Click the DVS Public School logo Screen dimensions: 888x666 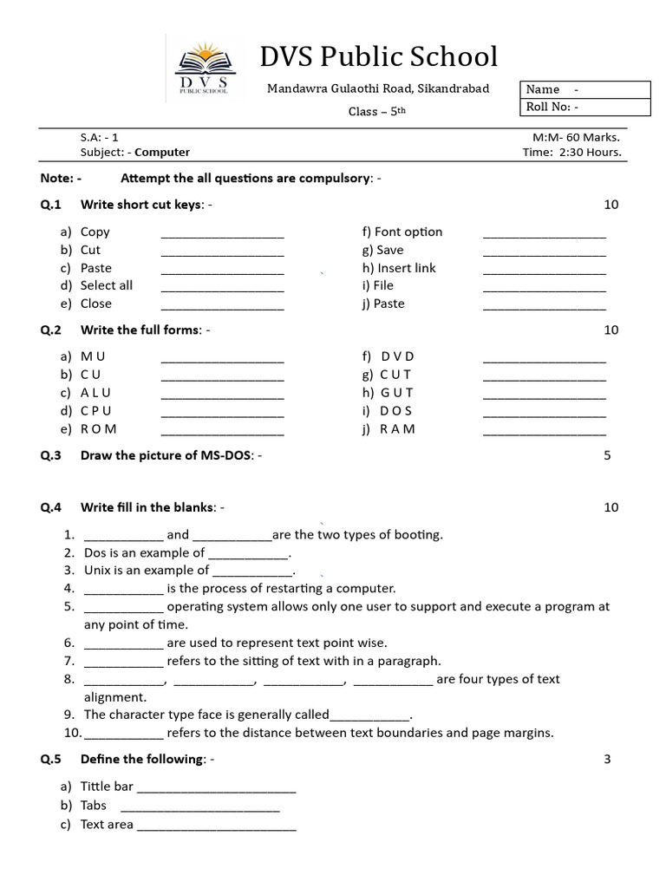point(205,70)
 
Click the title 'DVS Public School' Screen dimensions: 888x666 point(379,56)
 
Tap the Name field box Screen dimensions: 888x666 point(585,89)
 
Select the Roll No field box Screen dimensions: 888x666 point(585,108)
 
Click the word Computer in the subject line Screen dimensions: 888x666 point(162,152)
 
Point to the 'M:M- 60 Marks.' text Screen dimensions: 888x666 point(577,136)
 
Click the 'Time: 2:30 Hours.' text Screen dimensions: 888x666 point(572,152)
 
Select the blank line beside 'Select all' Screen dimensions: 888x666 point(223,287)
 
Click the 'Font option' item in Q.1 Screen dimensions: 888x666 point(402,232)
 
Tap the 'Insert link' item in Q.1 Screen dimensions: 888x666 point(400,268)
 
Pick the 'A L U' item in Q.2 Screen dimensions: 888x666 point(96,393)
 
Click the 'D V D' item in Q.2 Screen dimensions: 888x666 point(397,356)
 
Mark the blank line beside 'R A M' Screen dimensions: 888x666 point(544,430)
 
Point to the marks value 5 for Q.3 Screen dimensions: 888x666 point(607,455)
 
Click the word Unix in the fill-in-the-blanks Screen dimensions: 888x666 point(98,570)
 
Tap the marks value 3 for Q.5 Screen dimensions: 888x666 point(607,760)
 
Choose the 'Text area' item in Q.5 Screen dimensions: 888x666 point(107,824)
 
